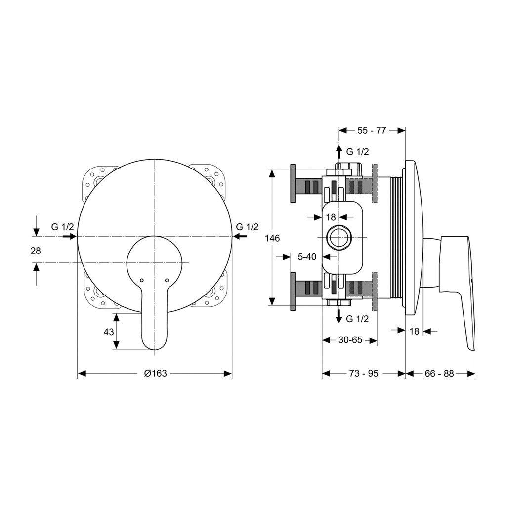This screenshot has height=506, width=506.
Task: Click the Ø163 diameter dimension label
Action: tap(155, 374)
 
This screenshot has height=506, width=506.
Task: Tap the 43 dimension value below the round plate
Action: tap(109, 332)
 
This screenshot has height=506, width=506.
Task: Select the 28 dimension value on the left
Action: tap(36, 250)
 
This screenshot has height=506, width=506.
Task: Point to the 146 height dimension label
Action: tap(272, 238)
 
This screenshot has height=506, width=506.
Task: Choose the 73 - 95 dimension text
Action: tap(364, 374)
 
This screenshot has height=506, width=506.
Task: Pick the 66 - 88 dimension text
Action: tap(439, 374)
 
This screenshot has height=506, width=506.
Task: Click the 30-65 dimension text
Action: tap(350, 340)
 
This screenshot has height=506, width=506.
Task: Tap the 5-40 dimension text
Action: tap(307, 257)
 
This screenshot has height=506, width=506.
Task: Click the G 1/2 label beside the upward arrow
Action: tap(357, 151)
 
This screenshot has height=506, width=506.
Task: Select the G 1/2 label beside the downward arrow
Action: tap(357, 319)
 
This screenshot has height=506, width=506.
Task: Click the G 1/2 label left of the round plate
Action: tap(62, 227)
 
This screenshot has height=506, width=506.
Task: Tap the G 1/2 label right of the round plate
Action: tap(248, 227)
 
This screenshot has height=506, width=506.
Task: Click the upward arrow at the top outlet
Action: tap(339, 152)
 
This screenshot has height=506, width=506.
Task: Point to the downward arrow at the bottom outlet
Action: tap(339, 316)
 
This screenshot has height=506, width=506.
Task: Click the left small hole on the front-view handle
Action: tap(142, 280)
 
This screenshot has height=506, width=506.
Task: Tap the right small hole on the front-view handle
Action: tap(167, 280)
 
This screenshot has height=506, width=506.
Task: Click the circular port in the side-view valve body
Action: tap(338, 238)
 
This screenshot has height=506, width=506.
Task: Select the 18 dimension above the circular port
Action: tap(331, 217)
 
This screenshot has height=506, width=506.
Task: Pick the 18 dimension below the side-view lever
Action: tap(414, 331)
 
